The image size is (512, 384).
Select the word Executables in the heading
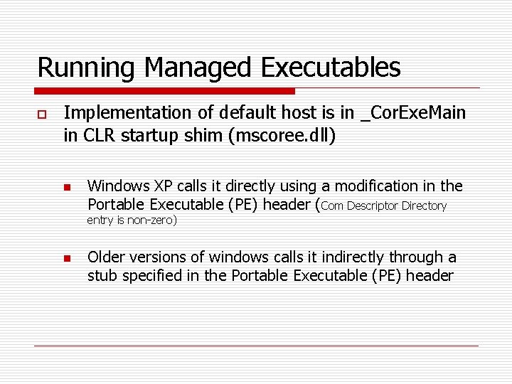point(331,68)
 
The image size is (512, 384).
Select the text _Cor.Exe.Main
point(413,113)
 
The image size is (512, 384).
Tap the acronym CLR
point(98,136)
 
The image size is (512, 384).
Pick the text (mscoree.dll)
point(279,136)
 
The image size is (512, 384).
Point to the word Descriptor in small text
point(375,206)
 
